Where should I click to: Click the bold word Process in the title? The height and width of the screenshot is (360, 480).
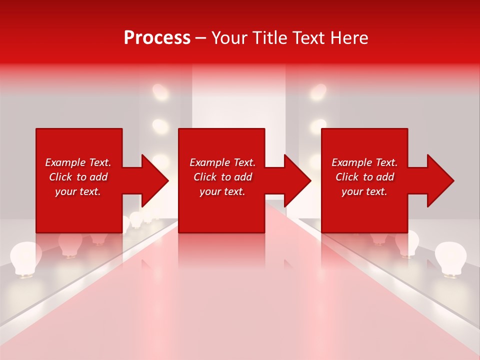(157, 38)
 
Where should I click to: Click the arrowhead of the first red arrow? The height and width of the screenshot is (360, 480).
(155, 180)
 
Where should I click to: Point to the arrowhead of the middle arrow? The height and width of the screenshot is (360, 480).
(297, 180)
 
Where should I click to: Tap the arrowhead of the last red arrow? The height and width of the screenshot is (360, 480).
(440, 180)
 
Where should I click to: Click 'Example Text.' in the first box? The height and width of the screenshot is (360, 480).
(78, 162)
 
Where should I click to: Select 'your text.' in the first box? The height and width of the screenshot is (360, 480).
(78, 191)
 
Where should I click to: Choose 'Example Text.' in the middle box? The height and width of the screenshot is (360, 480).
(222, 162)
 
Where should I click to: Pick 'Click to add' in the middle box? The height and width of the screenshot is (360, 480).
(222, 177)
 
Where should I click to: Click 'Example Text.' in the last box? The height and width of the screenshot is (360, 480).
(364, 162)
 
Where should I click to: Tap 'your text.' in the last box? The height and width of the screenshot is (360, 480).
(364, 191)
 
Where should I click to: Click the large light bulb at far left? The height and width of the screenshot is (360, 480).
(25, 258)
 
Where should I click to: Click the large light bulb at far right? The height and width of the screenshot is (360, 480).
(450, 258)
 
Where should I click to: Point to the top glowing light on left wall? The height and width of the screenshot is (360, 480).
(160, 92)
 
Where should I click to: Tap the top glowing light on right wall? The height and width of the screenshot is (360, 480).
(318, 92)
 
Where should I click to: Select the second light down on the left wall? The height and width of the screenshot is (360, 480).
(160, 126)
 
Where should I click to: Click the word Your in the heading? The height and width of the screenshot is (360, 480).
(229, 38)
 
